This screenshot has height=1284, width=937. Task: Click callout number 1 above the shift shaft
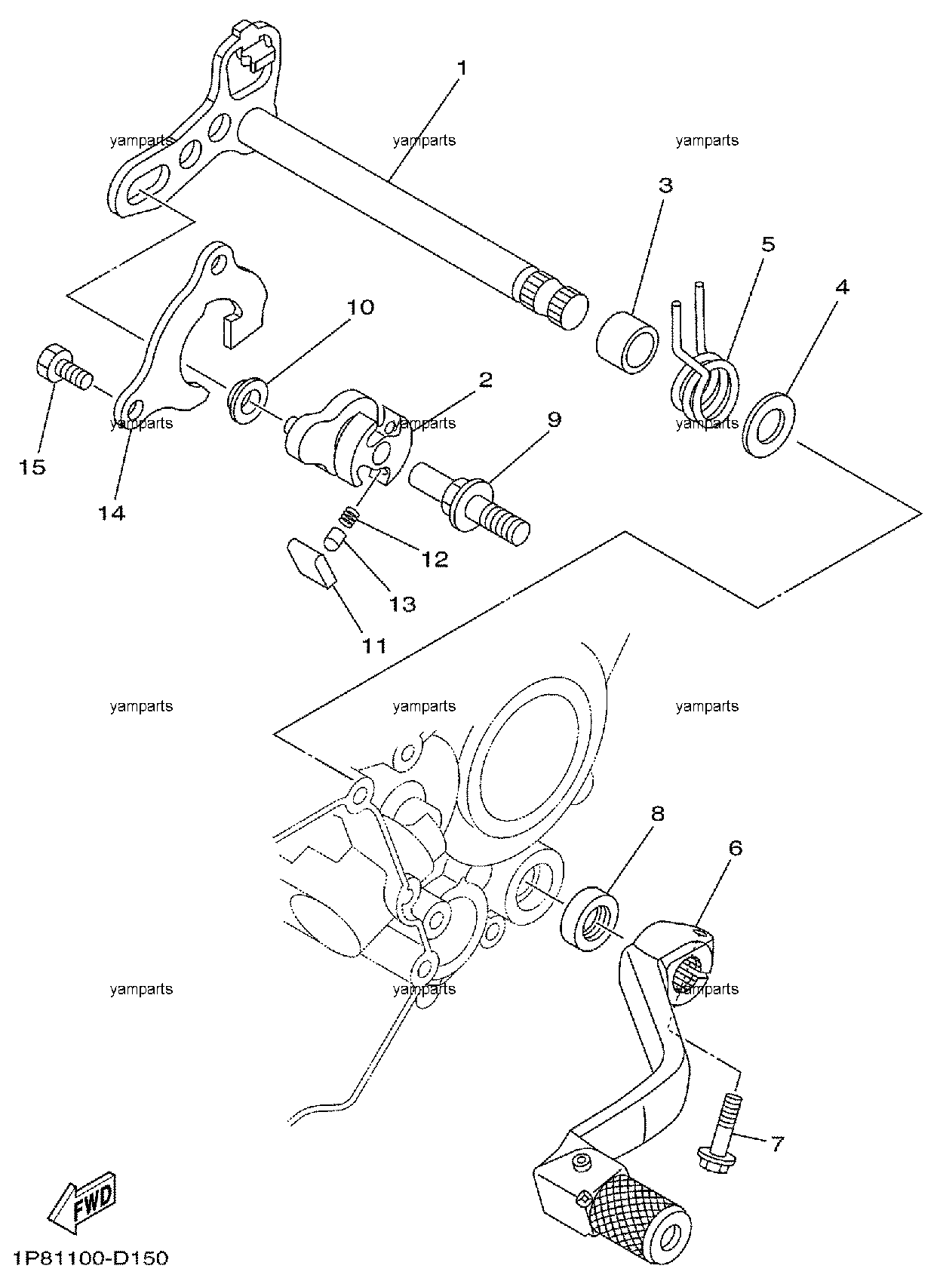pyautogui.click(x=462, y=69)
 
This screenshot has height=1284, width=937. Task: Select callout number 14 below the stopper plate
pyautogui.click(x=111, y=513)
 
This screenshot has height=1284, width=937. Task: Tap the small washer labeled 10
pyautogui.click(x=247, y=400)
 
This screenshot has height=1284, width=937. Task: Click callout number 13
pyautogui.click(x=402, y=604)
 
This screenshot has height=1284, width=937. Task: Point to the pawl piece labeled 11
pyautogui.click(x=311, y=562)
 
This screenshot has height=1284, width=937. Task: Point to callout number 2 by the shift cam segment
pyautogui.click(x=485, y=379)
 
